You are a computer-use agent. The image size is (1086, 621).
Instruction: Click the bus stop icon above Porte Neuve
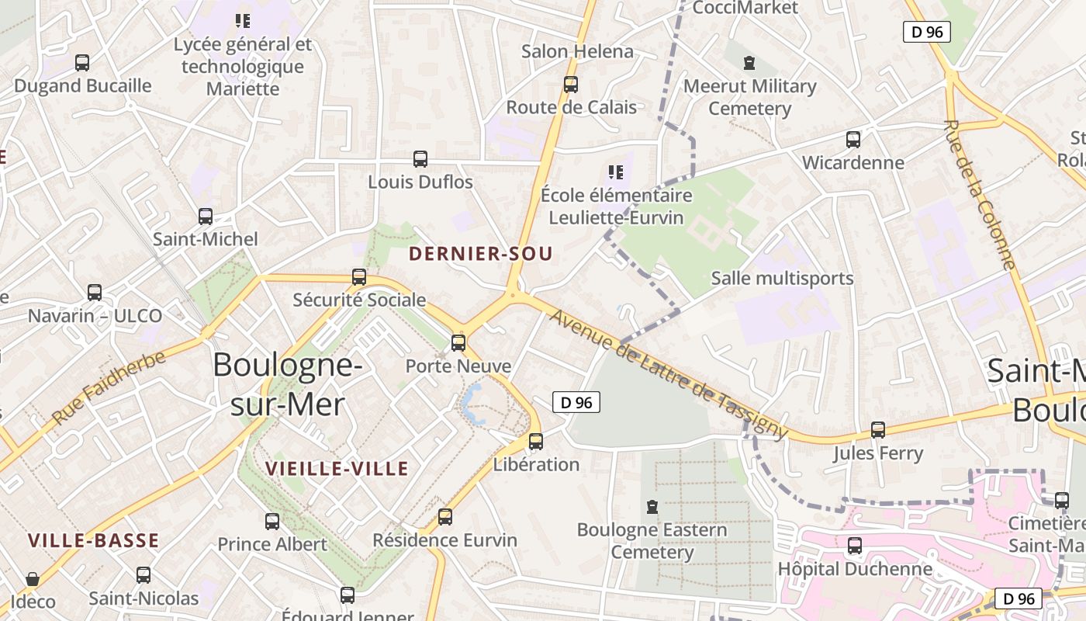click(x=458, y=342)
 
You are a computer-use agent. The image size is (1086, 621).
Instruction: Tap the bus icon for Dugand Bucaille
click(x=82, y=63)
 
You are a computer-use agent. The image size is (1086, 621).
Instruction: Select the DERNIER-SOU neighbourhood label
click(x=480, y=254)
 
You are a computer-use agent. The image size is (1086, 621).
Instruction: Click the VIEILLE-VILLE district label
click(x=337, y=469)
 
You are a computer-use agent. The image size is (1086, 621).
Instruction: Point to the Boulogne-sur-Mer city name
click(x=288, y=384)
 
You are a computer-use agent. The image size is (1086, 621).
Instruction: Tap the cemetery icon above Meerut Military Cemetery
click(x=749, y=63)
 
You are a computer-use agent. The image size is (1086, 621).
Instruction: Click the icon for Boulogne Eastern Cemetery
click(x=652, y=508)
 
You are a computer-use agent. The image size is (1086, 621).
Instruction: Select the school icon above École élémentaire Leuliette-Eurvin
click(x=616, y=172)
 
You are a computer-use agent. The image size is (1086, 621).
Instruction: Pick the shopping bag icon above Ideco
click(x=33, y=579)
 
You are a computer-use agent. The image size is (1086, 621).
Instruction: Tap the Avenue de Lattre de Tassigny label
click(x=669, y=375)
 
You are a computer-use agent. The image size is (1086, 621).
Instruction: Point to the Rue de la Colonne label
click(x=979, y=195)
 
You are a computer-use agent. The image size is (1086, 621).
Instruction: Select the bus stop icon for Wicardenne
click(x=853, y=140)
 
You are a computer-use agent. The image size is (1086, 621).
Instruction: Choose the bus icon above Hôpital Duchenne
click(x=855, y=546)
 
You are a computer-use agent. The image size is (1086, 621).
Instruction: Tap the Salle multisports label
click(x=782, y=278)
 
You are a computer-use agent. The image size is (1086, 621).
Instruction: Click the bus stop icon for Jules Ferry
click(x=878, y=429)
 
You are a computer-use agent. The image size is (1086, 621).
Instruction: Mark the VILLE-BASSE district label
click(x=94, y=541)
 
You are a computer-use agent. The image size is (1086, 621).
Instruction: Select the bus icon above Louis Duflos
click(x=420, y=159)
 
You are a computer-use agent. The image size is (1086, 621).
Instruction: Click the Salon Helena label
click(x=577, y=52)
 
